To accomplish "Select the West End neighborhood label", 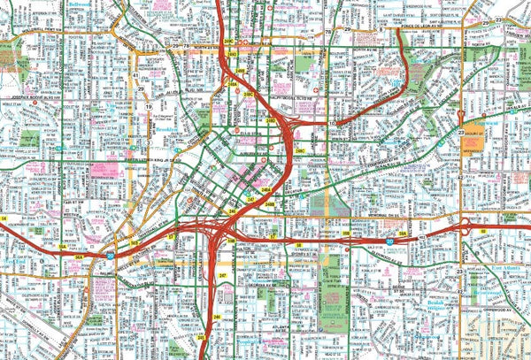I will pyautogui.click(x=15, y=262).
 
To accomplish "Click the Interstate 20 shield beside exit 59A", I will pyautogui.click(x=389, y=240).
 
